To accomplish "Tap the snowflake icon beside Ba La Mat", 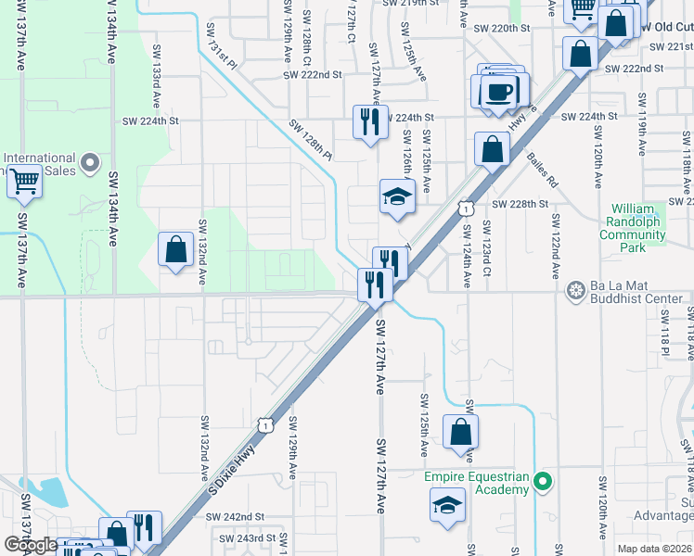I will [576, 291].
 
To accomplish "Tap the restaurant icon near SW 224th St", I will [369, 121].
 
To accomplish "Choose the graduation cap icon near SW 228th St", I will [396, 197].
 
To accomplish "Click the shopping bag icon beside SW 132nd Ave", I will [175, 249].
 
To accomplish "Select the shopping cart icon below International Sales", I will [24, 182].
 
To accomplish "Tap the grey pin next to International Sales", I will [90, 164].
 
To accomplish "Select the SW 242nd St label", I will [239, 517].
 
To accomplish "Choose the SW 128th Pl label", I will [310, 139].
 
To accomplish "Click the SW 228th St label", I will [520, 204].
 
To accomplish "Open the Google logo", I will [31, 545].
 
